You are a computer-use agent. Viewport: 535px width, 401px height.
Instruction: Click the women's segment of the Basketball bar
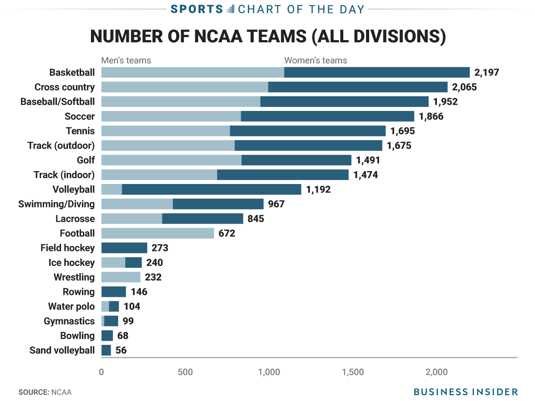pyautogui.click(x=377, y=72)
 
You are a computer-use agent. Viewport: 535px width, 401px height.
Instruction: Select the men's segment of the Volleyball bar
pyautogui.click(x=111, y=189)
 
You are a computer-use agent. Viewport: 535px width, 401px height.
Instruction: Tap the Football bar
pyautogui.click(x=157, y=233)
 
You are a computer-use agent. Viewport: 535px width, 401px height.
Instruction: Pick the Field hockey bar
pyautogui.click(x=124, y=248)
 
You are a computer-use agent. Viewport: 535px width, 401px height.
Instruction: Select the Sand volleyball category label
pyautogui.click(x=62, y=350)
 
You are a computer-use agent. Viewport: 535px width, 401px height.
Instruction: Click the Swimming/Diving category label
pyautogui.click(x=57, y=204)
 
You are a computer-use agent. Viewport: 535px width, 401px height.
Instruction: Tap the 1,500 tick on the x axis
pyautogui.click(x=353, y=372)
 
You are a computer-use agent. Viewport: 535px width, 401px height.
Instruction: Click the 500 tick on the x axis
pyautogui.click(x=185, y=372)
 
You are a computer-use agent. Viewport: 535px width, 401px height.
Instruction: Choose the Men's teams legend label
pyautogui.click(x=126, y=60)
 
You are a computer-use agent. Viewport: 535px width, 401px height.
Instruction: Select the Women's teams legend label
pyautogui.click(x=316, y=60)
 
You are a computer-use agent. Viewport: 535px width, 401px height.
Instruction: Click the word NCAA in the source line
pyautogui.click(x=62, y=392)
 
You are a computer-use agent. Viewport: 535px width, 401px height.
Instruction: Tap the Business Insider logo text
pyautogui.click(x=465, y=392)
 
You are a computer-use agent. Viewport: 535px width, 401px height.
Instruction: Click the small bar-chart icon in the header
pyautogui.click(x=230, y=9)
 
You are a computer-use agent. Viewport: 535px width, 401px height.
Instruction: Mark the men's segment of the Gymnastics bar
pyautogui.click(x=103, y=321)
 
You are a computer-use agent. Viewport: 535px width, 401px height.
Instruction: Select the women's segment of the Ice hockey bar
pyautogui.click(x=133, y=262)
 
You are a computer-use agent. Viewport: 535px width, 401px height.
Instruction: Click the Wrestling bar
pyautogui.click(x=121, y=277)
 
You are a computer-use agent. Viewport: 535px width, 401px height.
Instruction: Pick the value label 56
pyautogui.click(x=121, y=350)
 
